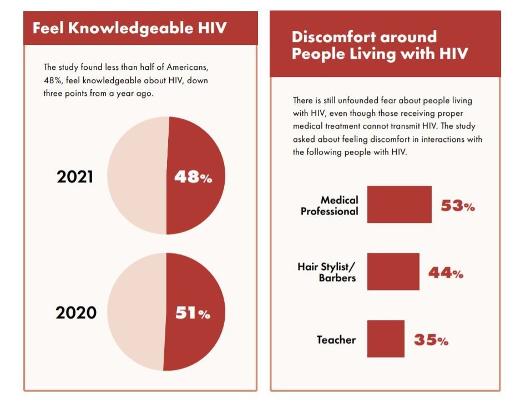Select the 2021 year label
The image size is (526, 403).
75,177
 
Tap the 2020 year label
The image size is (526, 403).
76,313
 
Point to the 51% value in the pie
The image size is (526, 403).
193,313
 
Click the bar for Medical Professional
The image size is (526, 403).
399,205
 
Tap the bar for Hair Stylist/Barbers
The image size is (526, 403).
393,272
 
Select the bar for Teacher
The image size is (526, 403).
386,339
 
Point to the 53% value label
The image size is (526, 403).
458,206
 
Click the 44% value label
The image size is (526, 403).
446,273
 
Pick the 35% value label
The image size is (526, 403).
431,340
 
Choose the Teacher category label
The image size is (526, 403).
336,340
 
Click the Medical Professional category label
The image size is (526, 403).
330,205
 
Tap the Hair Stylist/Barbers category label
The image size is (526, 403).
327,272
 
